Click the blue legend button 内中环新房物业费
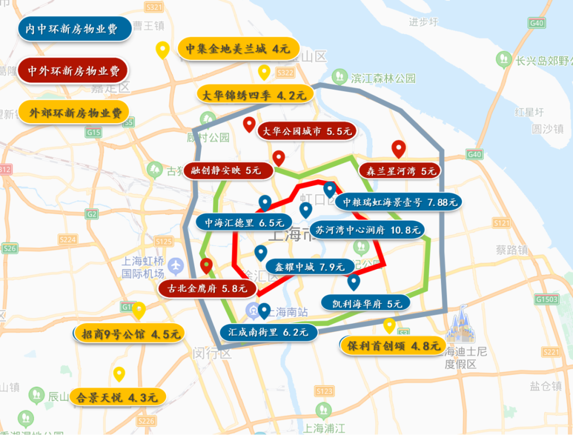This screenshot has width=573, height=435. click(x=74, y=29)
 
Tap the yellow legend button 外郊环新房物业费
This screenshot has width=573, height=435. click(x=74, y=112)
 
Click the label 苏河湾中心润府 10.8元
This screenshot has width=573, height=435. click(x=367, y=230)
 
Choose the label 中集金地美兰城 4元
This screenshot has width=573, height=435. click(x=237, y=49)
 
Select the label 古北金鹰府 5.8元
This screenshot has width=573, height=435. click(x=207, y=289)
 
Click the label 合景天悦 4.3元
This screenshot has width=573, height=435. click(x=117, y=397)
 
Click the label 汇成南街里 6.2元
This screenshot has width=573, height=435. click(x=268, y=333)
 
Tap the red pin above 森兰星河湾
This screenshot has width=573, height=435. click(x=398, y=150)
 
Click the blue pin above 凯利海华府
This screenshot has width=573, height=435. click(x=353, y=282)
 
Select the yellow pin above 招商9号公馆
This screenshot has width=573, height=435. click(x=138, y=310)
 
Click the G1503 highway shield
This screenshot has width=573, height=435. click(x=546, y=300)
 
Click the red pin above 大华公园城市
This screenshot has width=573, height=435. click(x=249, y=125)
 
